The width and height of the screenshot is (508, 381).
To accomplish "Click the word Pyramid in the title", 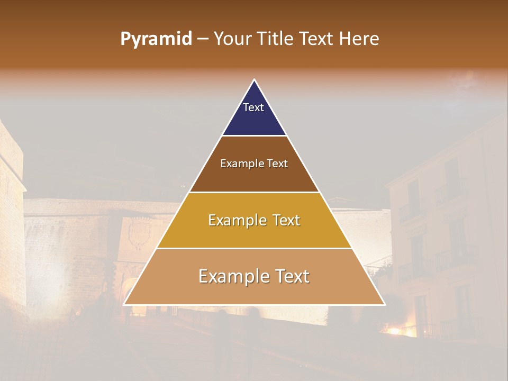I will (156, 39).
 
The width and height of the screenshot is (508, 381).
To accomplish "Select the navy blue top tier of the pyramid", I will (254, 119).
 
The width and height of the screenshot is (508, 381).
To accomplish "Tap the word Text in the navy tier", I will (253, 107).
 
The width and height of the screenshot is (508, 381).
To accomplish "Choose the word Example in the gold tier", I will (235, 220).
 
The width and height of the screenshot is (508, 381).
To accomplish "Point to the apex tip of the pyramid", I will (255, 80).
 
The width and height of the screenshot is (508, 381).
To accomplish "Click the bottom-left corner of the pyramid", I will (124, 304).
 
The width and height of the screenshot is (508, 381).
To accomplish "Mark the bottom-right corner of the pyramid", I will (384, 304).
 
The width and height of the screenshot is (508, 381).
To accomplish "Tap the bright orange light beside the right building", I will (394, 332).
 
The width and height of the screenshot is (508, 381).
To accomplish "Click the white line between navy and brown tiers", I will (254, 136).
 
